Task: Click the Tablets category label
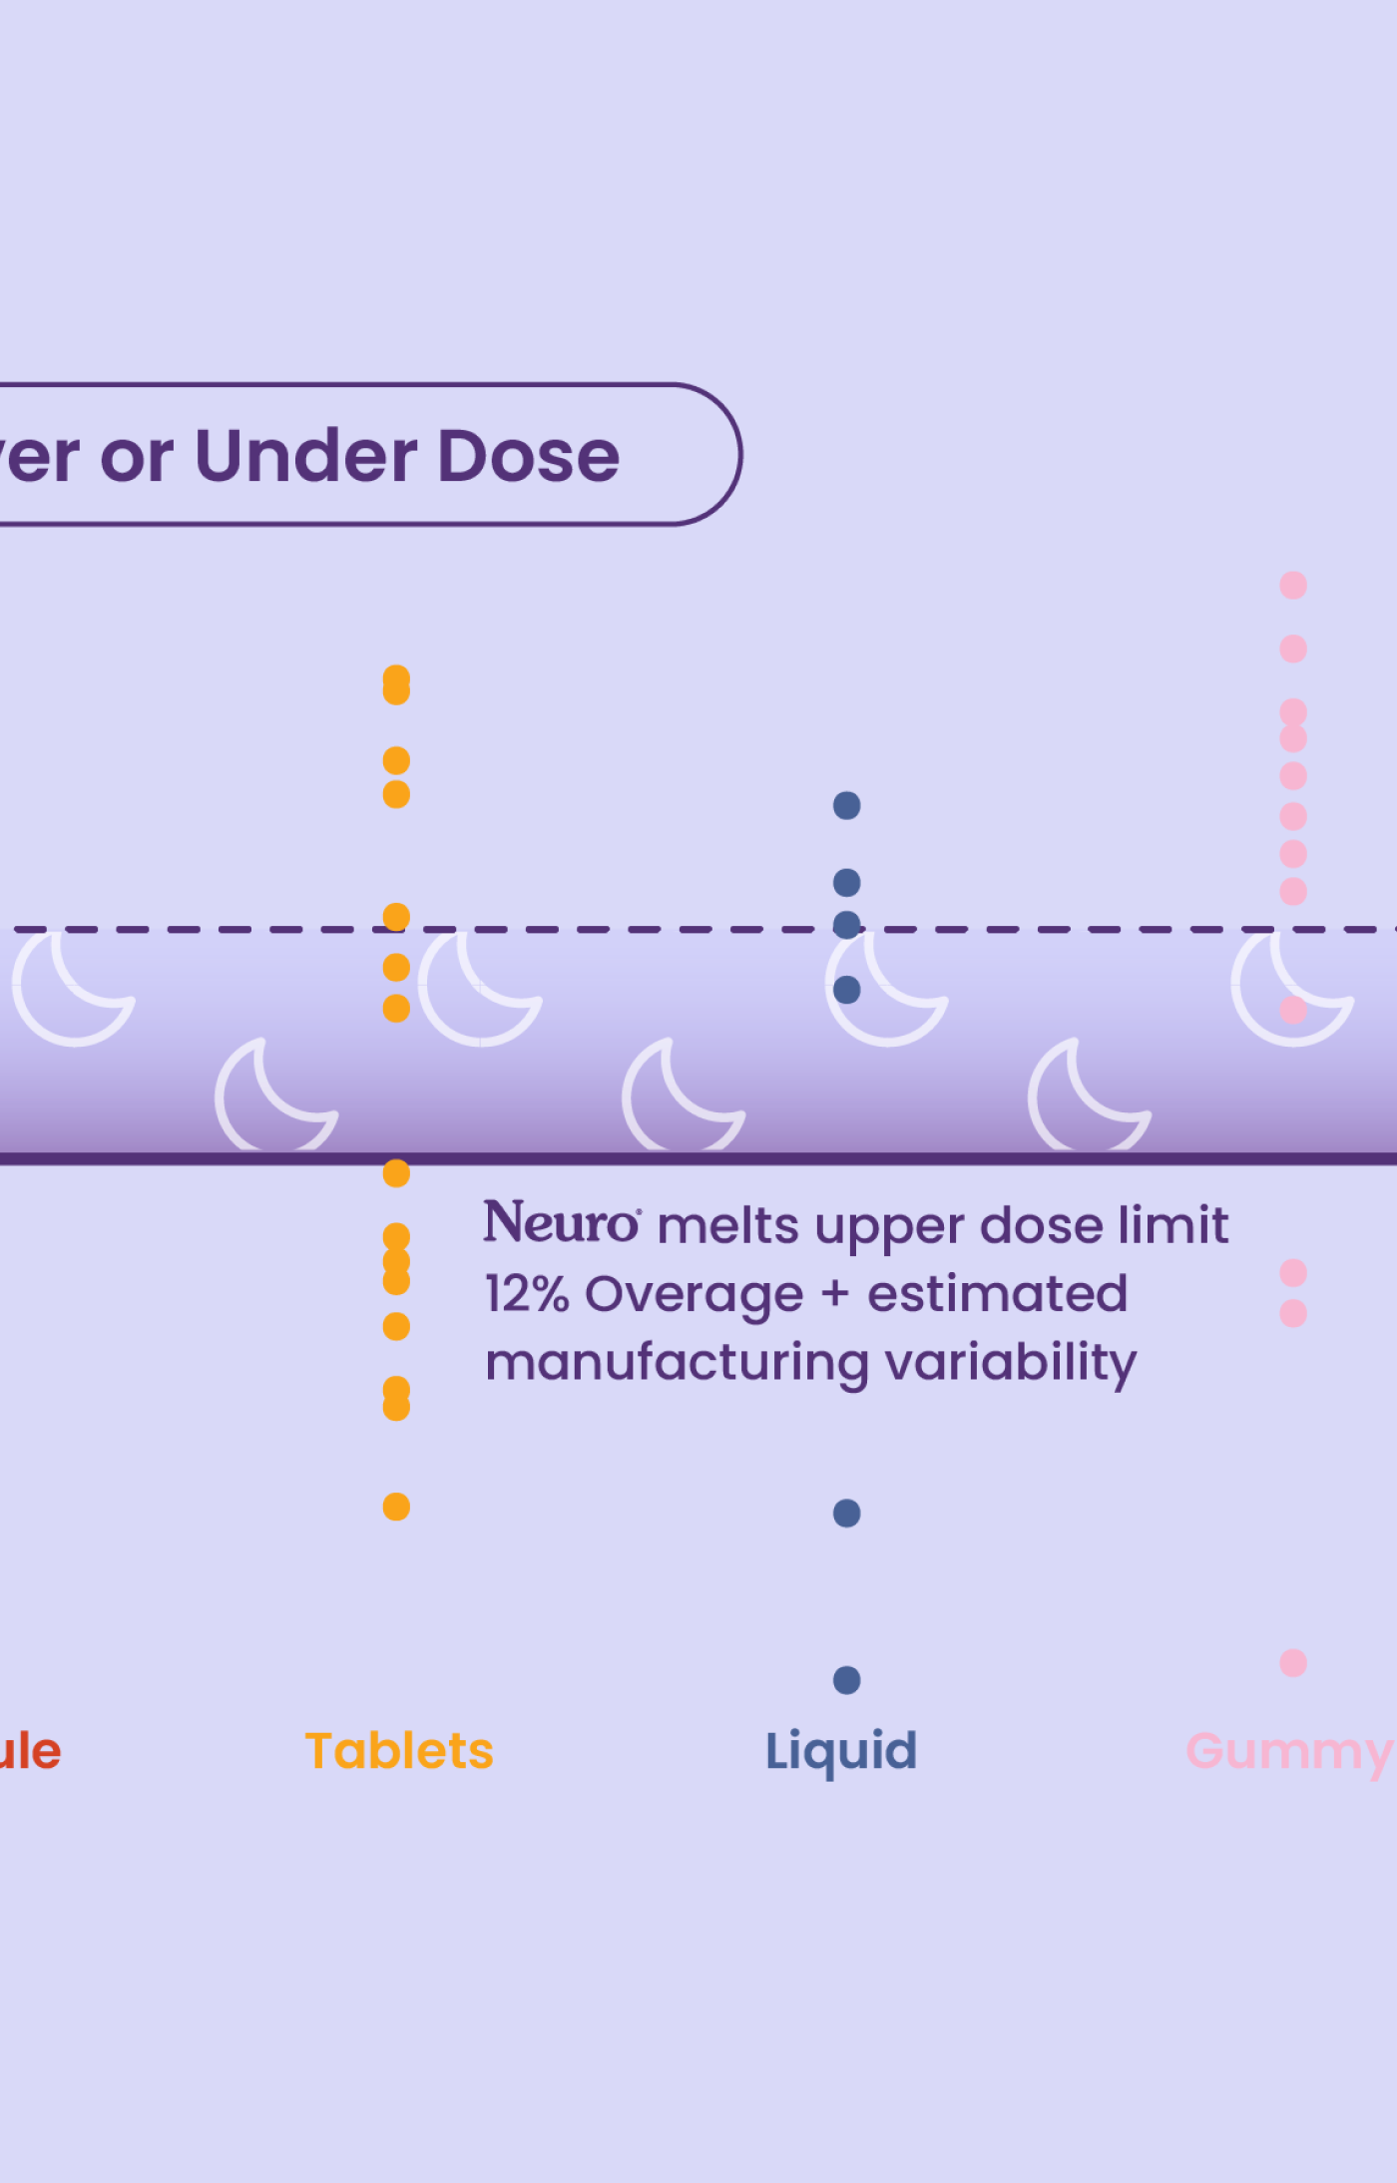click(x=399, y=1751)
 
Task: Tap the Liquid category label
click(x=841, y=1752)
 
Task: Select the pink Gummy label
click(x=1289, y=1752)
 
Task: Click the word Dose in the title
click(x=529, y=457)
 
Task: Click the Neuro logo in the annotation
click(x=562, y=1223)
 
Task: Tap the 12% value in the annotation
click(x=526, y=1294)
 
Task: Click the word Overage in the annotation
click(x=694, y=1295)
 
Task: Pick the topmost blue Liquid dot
click(x=846, y=805)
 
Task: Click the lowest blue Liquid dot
click(x=846, y=1680)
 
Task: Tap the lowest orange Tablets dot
click(x=396, y=1507)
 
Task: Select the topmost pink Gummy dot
click(x=1293, y=585)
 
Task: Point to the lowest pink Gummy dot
click(x=1293, y=1662)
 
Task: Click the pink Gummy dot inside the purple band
click(x=1293, y=1010)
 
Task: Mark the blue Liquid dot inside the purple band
click(x=846, y=990)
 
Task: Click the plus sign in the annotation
click(x=835, y=1295)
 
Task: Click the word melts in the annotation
click(x=728, y=1225)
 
